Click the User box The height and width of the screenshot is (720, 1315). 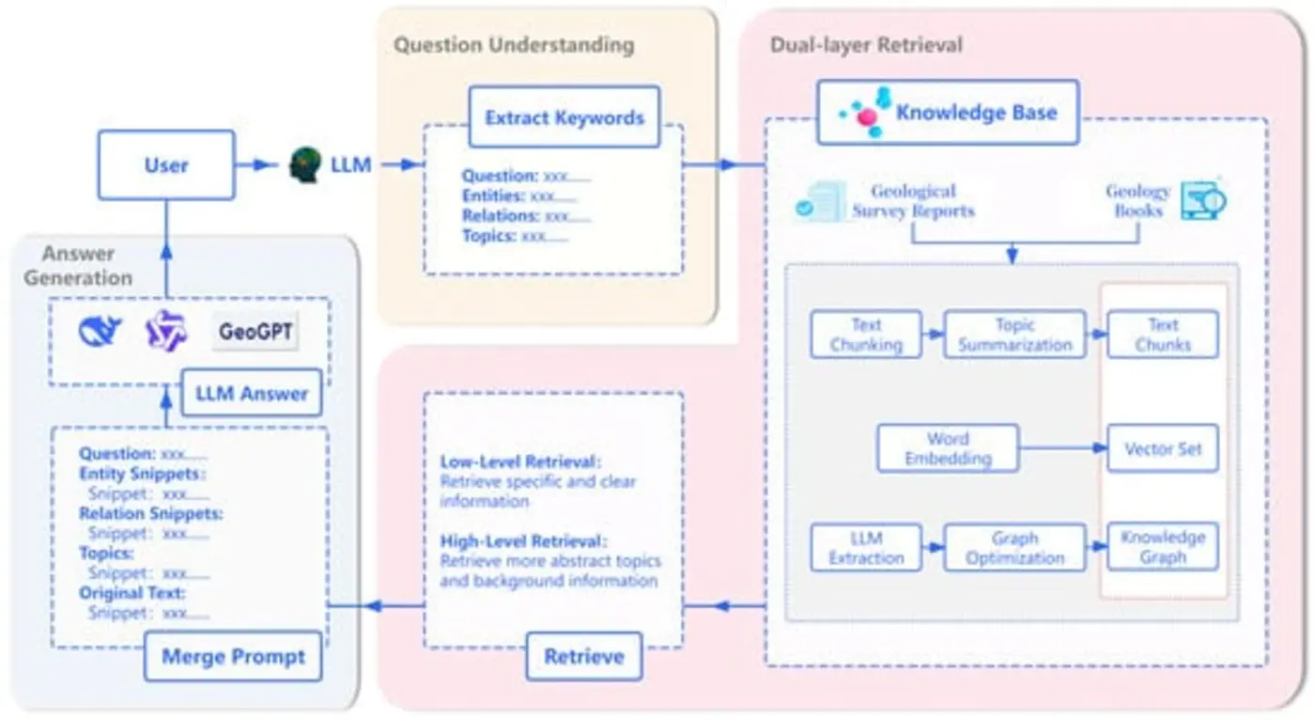click(166, 165)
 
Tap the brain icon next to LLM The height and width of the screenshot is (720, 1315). click(304, 165)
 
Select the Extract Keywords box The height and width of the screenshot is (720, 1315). click(565, 117)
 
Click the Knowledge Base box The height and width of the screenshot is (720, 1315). click(948, 113)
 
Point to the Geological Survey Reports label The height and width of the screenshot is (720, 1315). click(913, 201)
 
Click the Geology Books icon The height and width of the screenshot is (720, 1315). click(1203, 199)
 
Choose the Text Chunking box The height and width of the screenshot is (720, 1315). click(866, 336)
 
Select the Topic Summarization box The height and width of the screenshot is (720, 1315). click(1014, 336)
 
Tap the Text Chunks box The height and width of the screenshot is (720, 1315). click(1163, 336)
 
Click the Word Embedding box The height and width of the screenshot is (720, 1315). click(947, 449)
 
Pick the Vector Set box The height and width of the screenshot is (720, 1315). click(1163, 449)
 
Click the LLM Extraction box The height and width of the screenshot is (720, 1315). click(866, 548)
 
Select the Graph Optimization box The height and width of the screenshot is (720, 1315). click(1014, 548)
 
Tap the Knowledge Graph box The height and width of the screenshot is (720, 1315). click(1163, 548)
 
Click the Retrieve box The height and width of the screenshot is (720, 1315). click(584, 656)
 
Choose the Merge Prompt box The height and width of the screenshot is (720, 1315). click(233, 656)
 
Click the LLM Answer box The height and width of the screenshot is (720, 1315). click(251, 393)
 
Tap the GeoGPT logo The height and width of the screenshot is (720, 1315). click(255, 332)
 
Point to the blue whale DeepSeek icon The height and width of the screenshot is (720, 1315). click(101, 331)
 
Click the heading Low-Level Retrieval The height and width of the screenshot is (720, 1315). click(520, 462)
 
